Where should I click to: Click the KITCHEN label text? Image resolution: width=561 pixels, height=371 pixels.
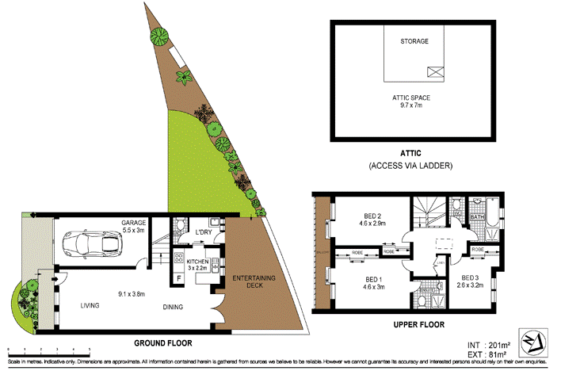click(x=197, y=261)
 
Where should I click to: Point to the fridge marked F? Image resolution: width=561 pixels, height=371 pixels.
click(x=178, y=278)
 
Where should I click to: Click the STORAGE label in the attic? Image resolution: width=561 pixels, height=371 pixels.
click(x=414, y=41)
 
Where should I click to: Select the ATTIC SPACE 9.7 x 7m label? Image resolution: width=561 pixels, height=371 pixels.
click(x=414, y=101)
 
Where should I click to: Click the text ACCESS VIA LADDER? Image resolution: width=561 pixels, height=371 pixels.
click(x=410, y=166)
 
